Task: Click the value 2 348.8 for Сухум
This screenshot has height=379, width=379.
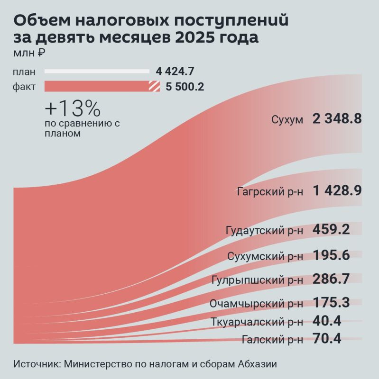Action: (x=337, y=119)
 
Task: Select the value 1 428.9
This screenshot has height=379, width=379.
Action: (x=337, y=191)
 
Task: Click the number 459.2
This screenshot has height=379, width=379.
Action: (x=331, y=230)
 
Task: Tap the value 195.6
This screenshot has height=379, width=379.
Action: (x=331, y=256)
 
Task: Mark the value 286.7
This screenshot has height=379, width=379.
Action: (x=331, y=279)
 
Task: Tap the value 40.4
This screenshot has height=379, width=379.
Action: (x=327, y=321)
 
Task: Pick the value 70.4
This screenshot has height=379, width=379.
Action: (x=327, y=338)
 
